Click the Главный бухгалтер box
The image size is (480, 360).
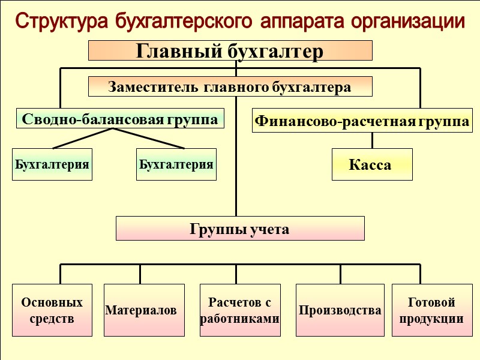pos(230,51)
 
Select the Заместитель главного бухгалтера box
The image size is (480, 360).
pos(230,87)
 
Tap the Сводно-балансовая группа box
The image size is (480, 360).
pos(120,119)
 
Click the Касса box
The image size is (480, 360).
pos(372,164)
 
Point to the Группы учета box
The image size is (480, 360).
pos(240,229)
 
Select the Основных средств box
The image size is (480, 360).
pos(52,310)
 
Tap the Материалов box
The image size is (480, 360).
pos(140,310)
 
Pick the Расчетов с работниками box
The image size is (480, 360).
pos(240,310)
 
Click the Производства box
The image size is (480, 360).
pos(340,310)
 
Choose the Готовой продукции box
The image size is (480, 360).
pos(431,310)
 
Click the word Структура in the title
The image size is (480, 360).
pos(61,22)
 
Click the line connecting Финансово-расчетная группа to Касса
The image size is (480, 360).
pos(372,140)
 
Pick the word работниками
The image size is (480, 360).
pos(240,319)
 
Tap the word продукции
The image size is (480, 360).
pos(431,319)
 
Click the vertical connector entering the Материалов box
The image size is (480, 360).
pos(140,274)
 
